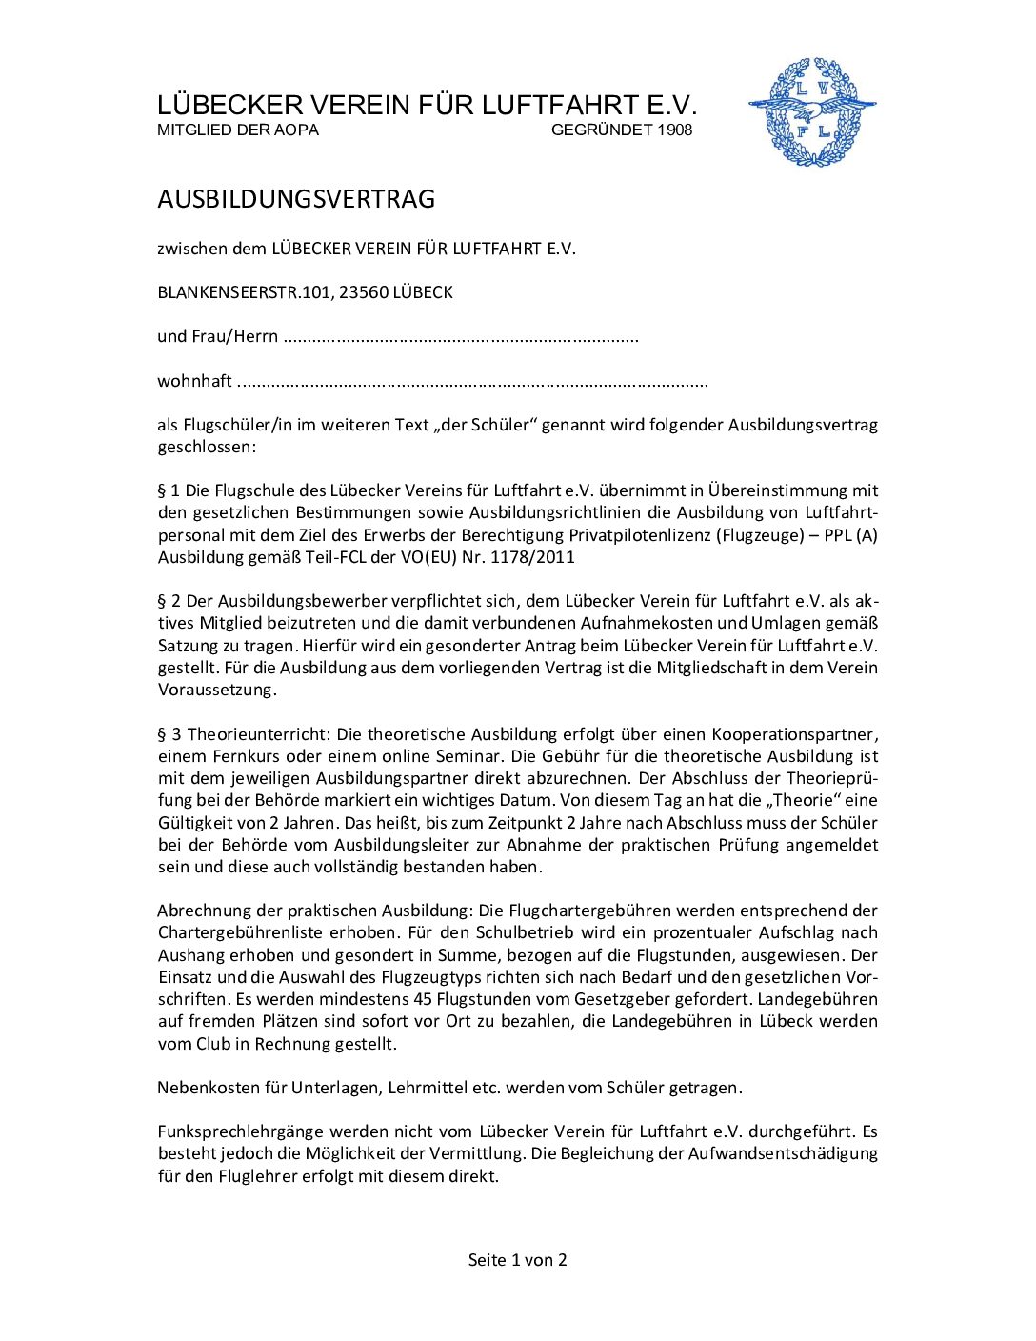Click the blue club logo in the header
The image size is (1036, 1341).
pos(811,112)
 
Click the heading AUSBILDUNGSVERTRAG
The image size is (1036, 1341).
pos(296,199)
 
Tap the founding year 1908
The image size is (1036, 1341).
pos(674,130)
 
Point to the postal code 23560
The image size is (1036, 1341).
pos(363,292)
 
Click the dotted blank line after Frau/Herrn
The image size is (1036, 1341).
pos(461,338)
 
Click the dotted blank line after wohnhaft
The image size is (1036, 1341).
pos(471,383)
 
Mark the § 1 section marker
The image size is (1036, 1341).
pos(169,490)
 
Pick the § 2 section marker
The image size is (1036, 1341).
pos(169,601)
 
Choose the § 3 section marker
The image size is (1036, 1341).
pos(169,734)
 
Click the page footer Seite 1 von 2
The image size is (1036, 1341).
pos(517,1260)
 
